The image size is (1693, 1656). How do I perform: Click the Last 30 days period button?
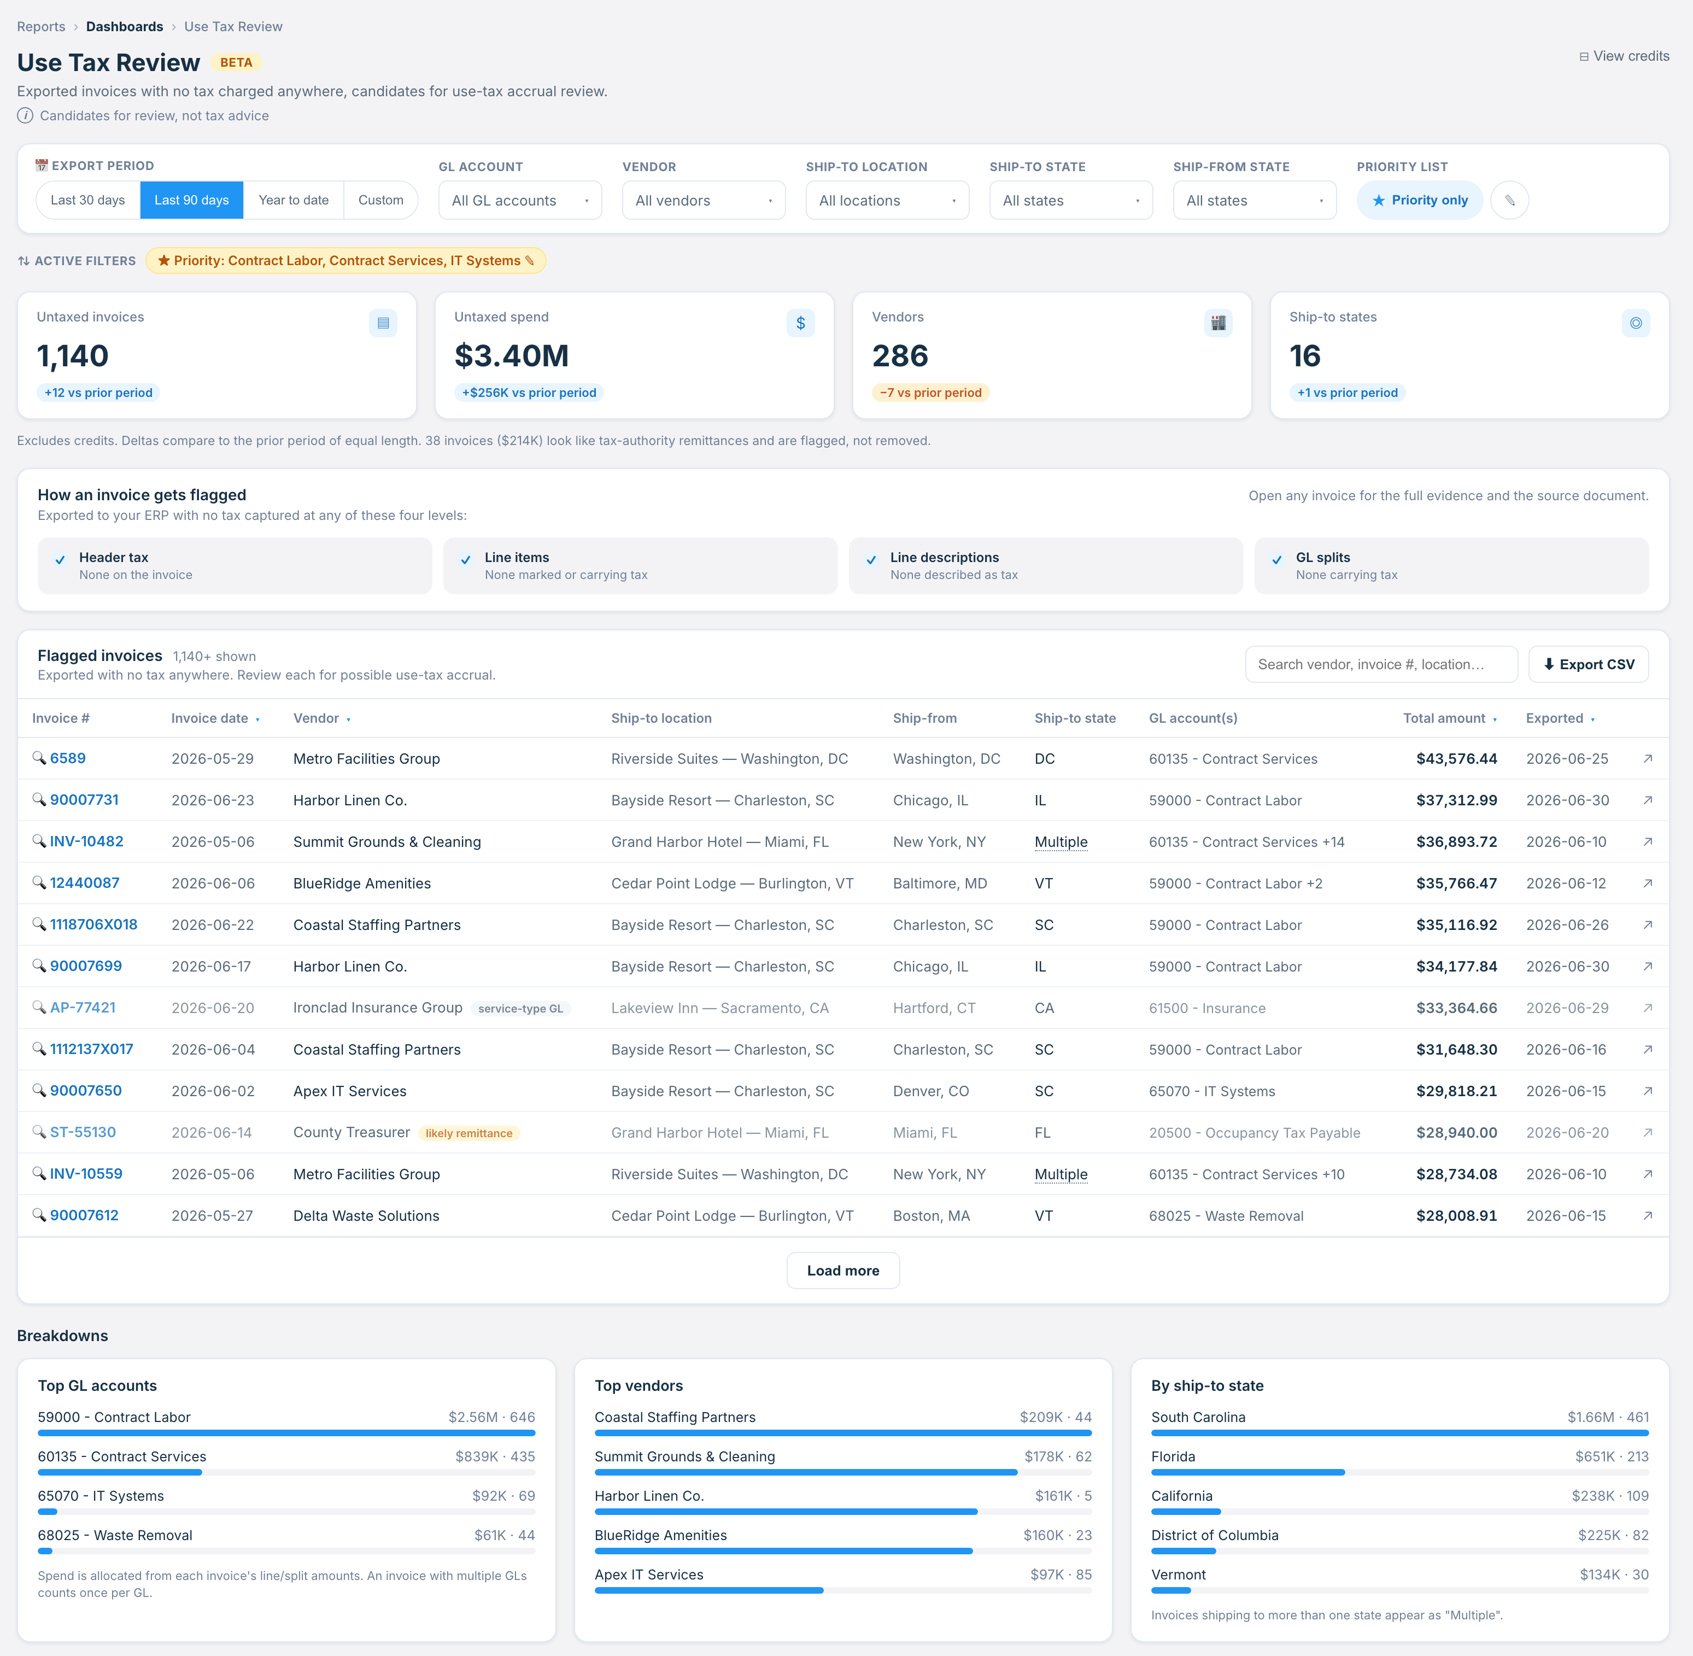pyautogui.click(x=88, y=200)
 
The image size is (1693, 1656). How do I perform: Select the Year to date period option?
pyautogui.click(x=294, y=200)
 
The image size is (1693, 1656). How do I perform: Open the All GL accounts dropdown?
pyautogui.click(x=520, y=200)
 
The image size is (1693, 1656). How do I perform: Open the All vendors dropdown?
pyautogui.click(x=704, y=200)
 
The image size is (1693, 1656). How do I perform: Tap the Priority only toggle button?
pyautogui.click(x=1420, y=200)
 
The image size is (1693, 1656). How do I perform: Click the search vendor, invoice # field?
pyautogui.click(x=1381, y=664)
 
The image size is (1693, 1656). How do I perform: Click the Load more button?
pyautogui.click(x=842, y=1271)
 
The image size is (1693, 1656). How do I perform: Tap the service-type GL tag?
pyautogui.click(x=520, y=1009)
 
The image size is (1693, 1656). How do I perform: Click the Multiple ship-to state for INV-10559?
pyautogui.click(x=1061, y=1174)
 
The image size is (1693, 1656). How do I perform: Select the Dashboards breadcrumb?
pyautogui.click(x=124, y=27)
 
